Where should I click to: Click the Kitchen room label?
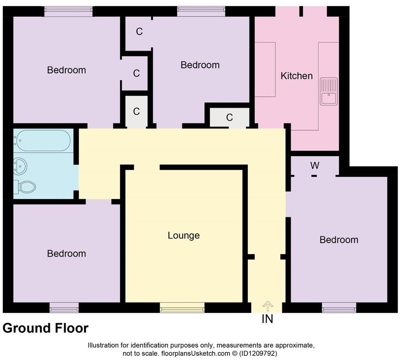click(297, 76)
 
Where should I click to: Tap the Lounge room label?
click(183, 235)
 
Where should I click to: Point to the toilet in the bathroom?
click(26, 187)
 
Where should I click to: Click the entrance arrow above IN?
click(267, 306)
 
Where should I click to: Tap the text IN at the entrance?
click(267, 319)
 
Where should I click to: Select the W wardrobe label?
click(314, 166)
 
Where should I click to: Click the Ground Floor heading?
click(45, 328)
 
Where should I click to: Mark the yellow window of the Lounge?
click(182, 308)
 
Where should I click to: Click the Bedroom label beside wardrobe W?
click(339, 240)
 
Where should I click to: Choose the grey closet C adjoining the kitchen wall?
click(229, 117)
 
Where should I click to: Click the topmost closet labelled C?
click(139, 32)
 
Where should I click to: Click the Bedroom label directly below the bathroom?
click(66, 253)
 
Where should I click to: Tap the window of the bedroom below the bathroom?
click(64, 308)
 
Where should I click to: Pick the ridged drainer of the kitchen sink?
click(329, 84)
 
